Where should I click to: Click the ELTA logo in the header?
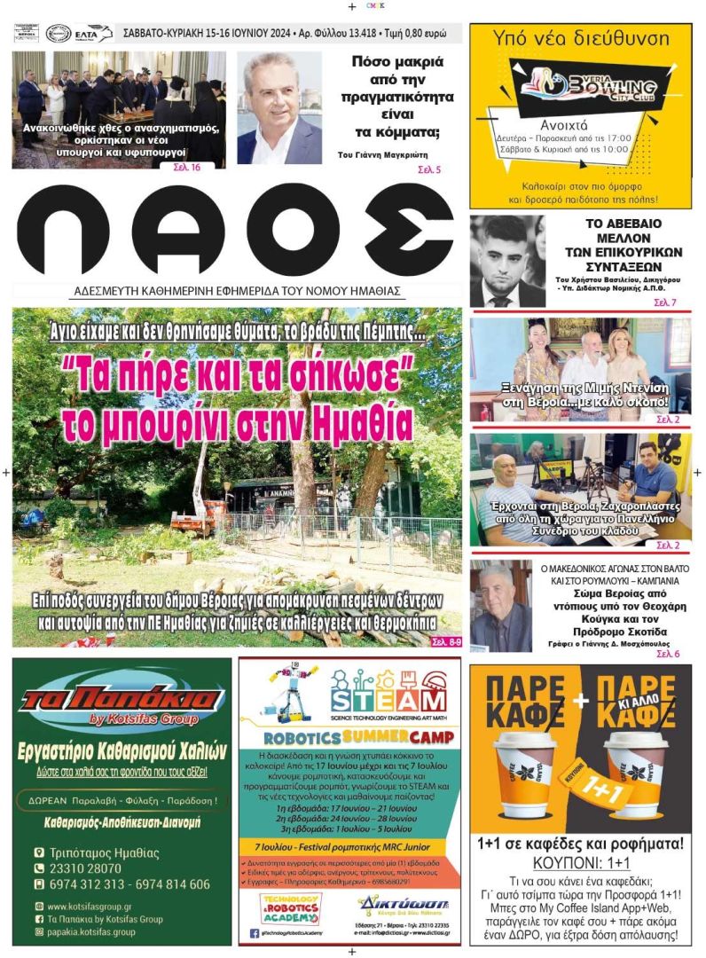click(93, 34)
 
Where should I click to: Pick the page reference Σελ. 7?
click(665, 303)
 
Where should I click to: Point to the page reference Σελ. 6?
click(667, 654)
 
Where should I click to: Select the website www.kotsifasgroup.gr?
click(90, 907)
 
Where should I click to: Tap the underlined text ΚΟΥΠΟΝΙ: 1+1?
click(582, 862)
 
